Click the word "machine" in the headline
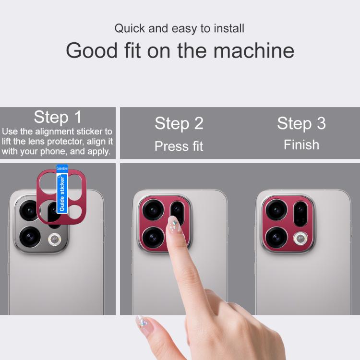pyautogui.click(x=254, y=50)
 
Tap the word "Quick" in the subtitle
pyautogui.click(x=130, y=28)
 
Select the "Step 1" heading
pyautogui.click(x=58, y=117)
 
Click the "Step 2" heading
pyautogui.click(x=179, y=123)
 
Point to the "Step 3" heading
pyautogui.click(x=301, y=123)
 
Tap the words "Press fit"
pyautogui.click(x=179, y=146)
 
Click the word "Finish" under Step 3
pyautogui.click(x=301, y=144)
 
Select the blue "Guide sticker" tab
pyautogui.click(x=62, y=189)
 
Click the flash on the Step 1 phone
pyautogui.click(x=54, y=240)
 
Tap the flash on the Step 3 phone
pyautogui.click(x=300, y=239)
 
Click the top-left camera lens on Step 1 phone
pyautogui.click(x=29, y=211)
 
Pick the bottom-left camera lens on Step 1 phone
pyautogui.click(x=30, y=237)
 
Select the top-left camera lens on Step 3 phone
pyautogui.click(x=276, y=210)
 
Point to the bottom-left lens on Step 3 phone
pyautogui.click(x=276, y=238)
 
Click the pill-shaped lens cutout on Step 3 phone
pyautogui.click(x=300, y=214)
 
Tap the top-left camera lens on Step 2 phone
pyautogui.click(x=153, y=210)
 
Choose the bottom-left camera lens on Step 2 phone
pyautogui.click(x=153, y=238)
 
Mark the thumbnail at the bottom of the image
pyautogui.click(x=143, y=323)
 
